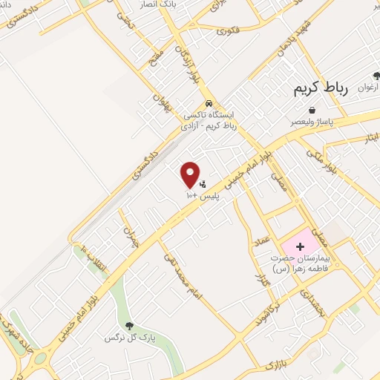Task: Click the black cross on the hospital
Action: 301,245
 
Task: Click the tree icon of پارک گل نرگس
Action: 129,325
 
